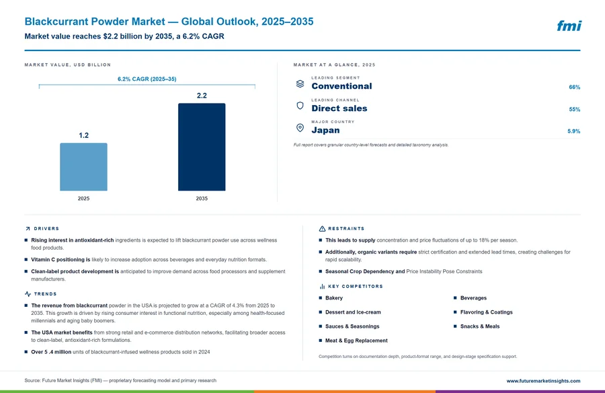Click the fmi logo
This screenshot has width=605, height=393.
[x=569, y=26]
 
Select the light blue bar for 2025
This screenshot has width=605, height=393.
[x=83, y=167]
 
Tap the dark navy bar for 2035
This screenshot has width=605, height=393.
[x=202, y=147]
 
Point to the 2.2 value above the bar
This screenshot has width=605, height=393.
[x=202, y=96]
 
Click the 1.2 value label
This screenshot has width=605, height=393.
[x=84, y=135]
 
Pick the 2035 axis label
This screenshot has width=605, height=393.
[x=202, y=199]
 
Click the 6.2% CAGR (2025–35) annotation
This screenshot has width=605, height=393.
[x=147, y=79]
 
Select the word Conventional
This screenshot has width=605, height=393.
[x=341, y=86]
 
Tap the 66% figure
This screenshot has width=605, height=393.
[x=574, y=87]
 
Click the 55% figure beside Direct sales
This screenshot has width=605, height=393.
[x=574, y=110]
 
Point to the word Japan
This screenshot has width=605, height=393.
[x=325, y=131]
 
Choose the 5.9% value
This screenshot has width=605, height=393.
[x=573, y=131]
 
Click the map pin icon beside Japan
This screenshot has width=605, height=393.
[x=300, y=127]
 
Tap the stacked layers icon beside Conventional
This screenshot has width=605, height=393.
[x=300, y=84]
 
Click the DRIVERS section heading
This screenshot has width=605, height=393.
[x=46, y=229]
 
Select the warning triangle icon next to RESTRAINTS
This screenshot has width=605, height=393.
[x=322, y=229]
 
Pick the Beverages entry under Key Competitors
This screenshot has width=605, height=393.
[x=473, y=298]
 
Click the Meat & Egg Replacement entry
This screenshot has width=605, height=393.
[x=356, y=341]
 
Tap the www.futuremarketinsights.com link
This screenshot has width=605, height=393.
[x=543, y=381]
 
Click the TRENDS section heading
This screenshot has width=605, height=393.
[x=45, y=294]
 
